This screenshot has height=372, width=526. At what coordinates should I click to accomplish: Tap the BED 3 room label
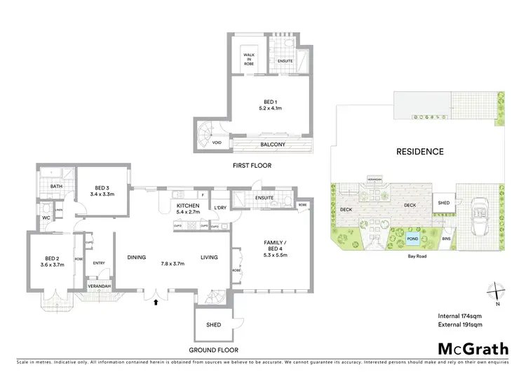[103, 190]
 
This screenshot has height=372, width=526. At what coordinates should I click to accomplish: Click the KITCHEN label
[189, 207]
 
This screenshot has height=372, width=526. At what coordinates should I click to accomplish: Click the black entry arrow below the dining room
[156, 302]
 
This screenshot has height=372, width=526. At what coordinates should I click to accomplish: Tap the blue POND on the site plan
[414, 239]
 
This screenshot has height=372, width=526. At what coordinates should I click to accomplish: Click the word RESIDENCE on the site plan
[419, 151]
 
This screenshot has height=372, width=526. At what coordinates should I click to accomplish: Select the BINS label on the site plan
[447, 239]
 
